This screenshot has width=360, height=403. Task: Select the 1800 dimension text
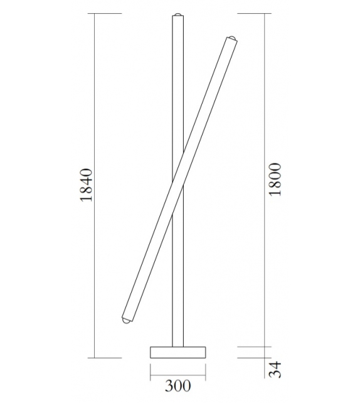[x=276, y=180]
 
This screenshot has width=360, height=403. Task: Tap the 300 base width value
[x=177, y=385]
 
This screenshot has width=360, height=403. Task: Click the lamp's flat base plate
[x=177, y=352]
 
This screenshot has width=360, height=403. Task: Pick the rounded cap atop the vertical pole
[x=178, y=14]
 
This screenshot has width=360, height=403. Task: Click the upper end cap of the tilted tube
[x=232, y=39]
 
